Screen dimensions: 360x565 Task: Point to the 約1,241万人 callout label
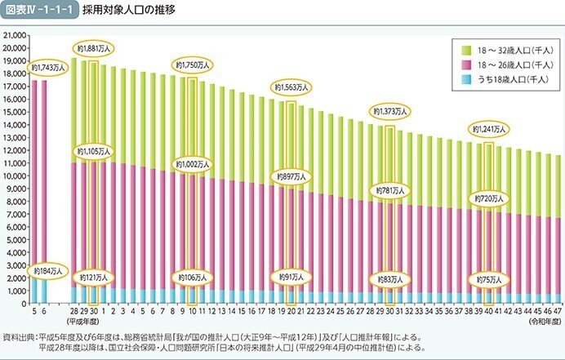(x=488, y=129)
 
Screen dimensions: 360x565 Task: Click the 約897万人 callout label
(x=291, y=176)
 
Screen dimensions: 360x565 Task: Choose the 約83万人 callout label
(x=390, y=278)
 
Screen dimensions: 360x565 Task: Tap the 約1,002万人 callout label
(x=192, y=164)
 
